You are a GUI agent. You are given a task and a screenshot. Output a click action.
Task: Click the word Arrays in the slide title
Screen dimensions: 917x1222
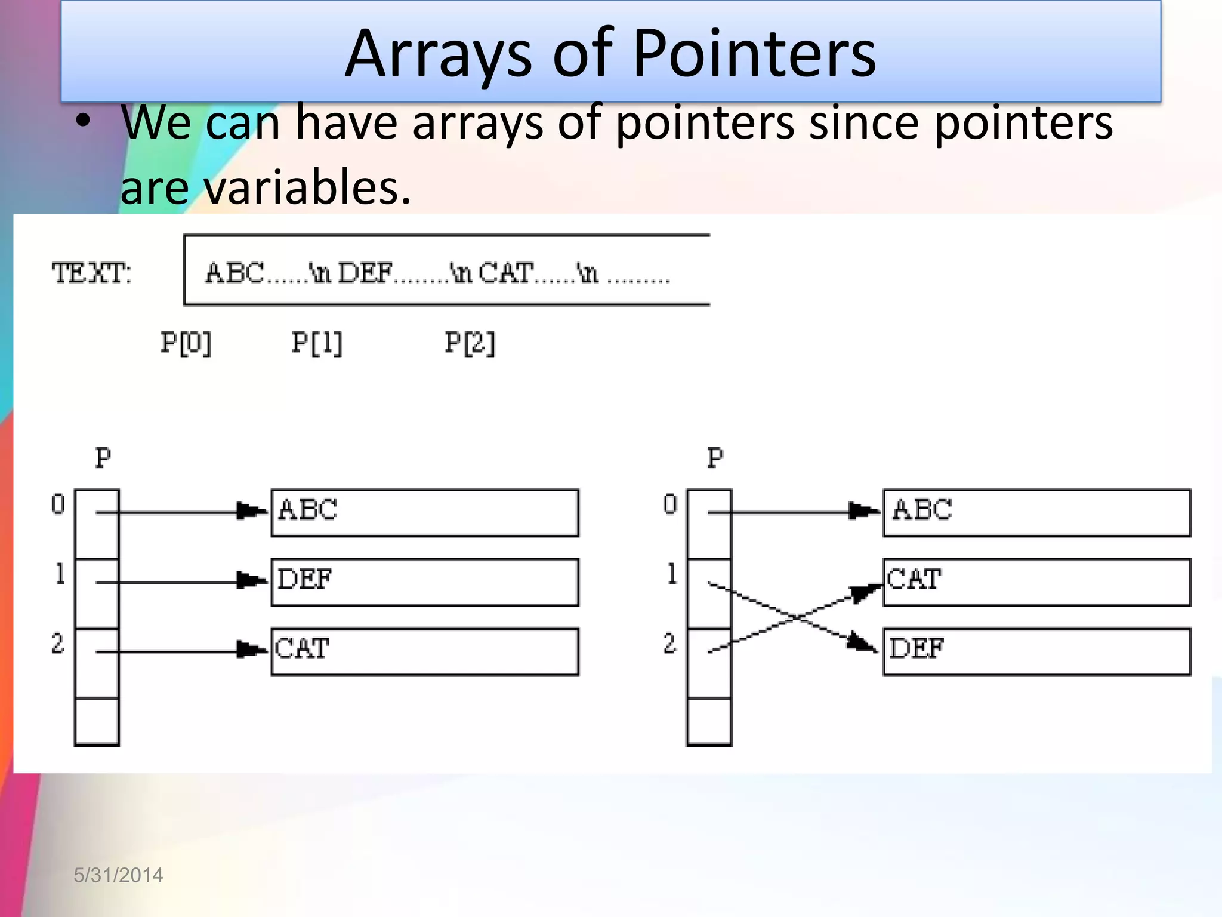coord(439,55)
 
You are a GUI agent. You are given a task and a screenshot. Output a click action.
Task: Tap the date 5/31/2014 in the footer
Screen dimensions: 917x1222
coord(118,875)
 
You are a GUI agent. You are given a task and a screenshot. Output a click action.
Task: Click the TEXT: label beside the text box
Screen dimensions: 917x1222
coord(91,273)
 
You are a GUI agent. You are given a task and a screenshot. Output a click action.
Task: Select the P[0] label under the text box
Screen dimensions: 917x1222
coord(186,343)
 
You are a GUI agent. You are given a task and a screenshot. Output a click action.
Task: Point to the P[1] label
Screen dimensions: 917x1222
coord(317,343)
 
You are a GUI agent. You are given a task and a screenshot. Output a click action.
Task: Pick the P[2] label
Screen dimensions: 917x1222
coord(470,343)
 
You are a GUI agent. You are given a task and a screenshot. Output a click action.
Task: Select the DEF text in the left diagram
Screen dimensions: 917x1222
coord(304,579)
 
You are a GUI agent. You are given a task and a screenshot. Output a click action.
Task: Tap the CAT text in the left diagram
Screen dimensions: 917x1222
coord(302,648)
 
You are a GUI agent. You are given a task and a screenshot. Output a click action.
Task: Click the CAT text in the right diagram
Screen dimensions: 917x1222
coord(914,579)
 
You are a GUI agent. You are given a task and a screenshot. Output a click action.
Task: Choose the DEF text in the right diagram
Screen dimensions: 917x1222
coord(916,648)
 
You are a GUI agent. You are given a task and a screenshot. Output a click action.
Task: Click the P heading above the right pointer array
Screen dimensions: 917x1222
coord(715,458)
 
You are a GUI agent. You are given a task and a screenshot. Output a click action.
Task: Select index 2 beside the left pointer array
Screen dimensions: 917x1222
coord(57,644)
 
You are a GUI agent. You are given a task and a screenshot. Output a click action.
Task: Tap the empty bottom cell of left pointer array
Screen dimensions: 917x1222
coord(97,721)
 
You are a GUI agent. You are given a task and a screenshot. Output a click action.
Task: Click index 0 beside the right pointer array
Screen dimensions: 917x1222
coord(670,505)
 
